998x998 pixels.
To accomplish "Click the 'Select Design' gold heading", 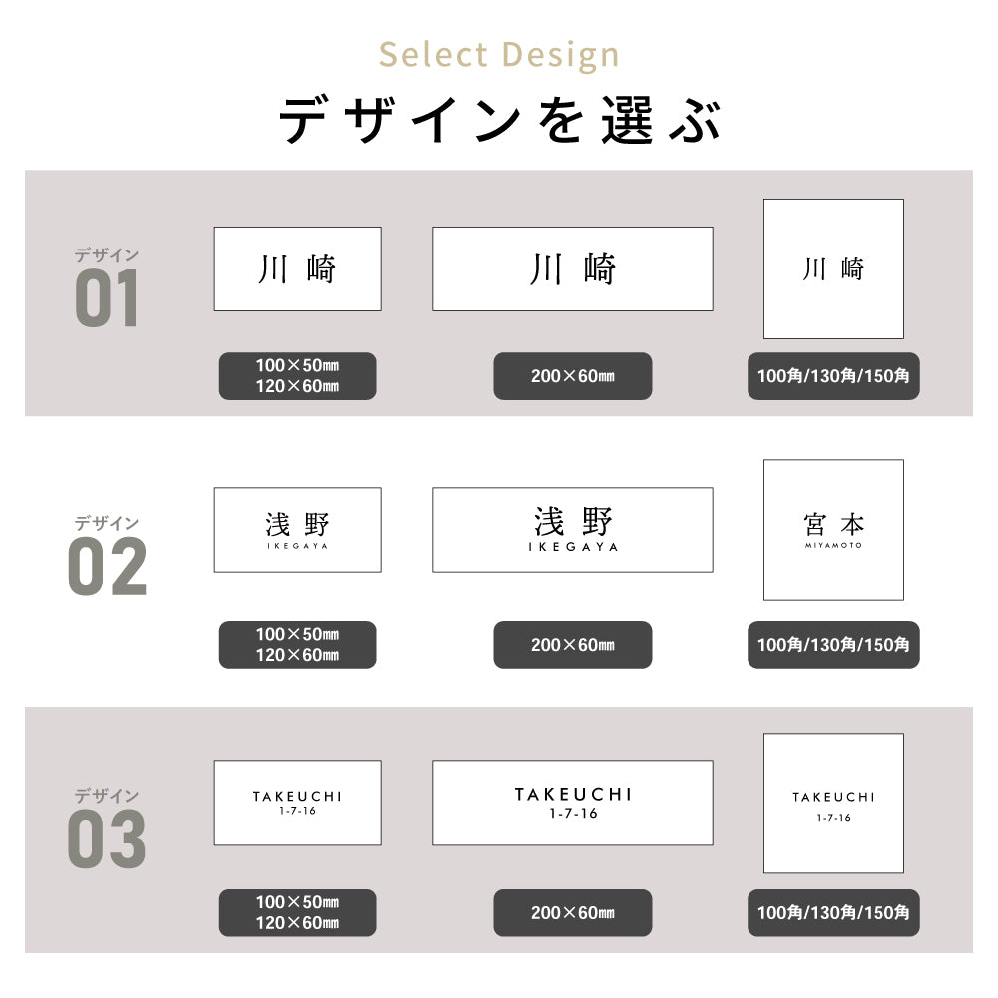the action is pos(499,55).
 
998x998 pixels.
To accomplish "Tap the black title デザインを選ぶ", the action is pos(500,120).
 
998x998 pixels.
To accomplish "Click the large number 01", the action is pos(107,297).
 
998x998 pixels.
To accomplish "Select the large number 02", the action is pos(107,566).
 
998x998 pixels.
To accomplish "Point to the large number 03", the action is pos(107,839).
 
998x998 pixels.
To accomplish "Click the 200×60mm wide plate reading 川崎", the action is pos(573,268).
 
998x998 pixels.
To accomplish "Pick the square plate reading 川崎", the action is pos(833,268).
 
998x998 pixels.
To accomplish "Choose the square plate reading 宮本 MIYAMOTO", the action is pos(833,530).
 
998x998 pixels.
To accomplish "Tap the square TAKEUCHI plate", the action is pos(833,803).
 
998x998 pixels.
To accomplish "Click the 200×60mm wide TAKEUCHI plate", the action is pos(573,803).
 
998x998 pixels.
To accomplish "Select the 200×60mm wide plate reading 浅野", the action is pos(573,530).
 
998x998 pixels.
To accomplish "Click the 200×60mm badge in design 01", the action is pos(573,376).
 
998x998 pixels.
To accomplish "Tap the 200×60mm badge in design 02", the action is pos(573,645).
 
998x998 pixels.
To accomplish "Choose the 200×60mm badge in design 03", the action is pos(573,913).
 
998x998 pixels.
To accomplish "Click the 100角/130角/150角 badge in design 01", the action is pos(833,376).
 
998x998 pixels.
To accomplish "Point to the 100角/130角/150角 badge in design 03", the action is pos(833,913).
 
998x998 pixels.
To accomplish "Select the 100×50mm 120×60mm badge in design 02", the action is pos(297,645).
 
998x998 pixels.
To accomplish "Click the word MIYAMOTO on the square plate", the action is pos(833,546).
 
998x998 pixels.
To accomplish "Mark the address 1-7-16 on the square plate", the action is pos(833,818).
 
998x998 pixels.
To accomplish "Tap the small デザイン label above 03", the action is pos(107,796).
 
